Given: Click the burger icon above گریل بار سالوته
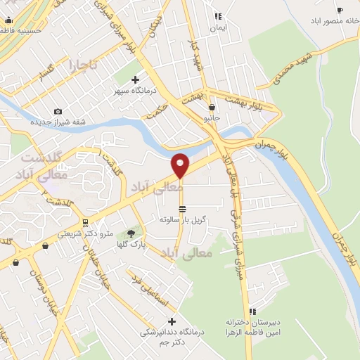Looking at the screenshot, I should pos(183,209).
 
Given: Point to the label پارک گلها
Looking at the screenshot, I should pos(130,245).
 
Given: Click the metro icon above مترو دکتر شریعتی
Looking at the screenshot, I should pos(86,223).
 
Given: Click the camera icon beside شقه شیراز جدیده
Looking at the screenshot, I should pos(58,111).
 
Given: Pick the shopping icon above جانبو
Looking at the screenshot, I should pos(212,107).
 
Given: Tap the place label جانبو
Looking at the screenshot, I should pos(212,117).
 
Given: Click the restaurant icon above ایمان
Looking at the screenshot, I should pos(219,17).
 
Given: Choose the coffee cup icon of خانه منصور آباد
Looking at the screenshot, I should pos(340,11).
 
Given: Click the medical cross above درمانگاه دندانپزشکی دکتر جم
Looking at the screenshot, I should pos(171,321).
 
